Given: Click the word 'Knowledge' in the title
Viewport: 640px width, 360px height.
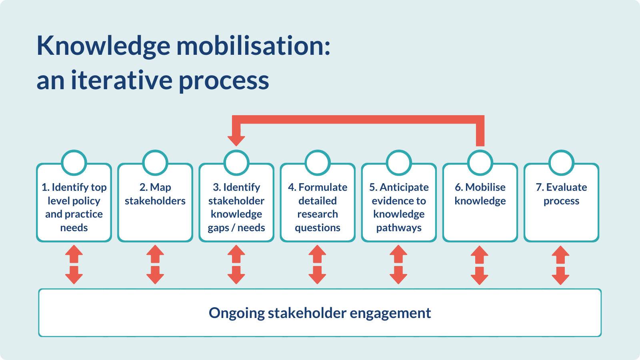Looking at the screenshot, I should click(103, 46).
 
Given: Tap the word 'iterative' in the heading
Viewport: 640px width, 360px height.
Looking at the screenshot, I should click(122, 80).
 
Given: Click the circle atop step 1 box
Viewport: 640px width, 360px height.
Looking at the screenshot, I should click(74, 163).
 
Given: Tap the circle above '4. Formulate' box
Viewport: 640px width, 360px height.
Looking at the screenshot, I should click(318, 163).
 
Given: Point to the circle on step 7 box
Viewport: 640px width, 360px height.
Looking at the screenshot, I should click(561, 163).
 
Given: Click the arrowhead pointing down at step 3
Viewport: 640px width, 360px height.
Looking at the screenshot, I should click(236, 140).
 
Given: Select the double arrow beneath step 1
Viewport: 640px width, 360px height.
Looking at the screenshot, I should click(74, 264).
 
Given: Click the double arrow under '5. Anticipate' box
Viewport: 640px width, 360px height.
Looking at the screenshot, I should click(398, 264).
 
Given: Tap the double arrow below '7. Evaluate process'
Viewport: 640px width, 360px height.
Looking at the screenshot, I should click(560, 265).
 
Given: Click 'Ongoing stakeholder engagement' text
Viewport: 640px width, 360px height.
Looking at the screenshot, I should click(320, 313).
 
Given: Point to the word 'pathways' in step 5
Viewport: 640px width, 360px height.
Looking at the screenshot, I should click(399, 228).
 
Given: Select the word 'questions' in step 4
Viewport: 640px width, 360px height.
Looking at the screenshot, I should click(318, 228).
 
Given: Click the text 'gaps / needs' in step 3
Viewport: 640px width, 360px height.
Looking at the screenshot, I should click(236, 228).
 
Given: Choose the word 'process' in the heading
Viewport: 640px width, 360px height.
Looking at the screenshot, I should click(224, 81).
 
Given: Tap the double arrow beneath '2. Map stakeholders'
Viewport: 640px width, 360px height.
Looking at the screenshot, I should click(155, 264).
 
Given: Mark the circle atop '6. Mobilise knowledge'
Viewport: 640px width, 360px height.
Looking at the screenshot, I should click(480, 163).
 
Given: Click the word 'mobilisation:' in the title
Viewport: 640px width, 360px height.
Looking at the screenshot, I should click(254, 46).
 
